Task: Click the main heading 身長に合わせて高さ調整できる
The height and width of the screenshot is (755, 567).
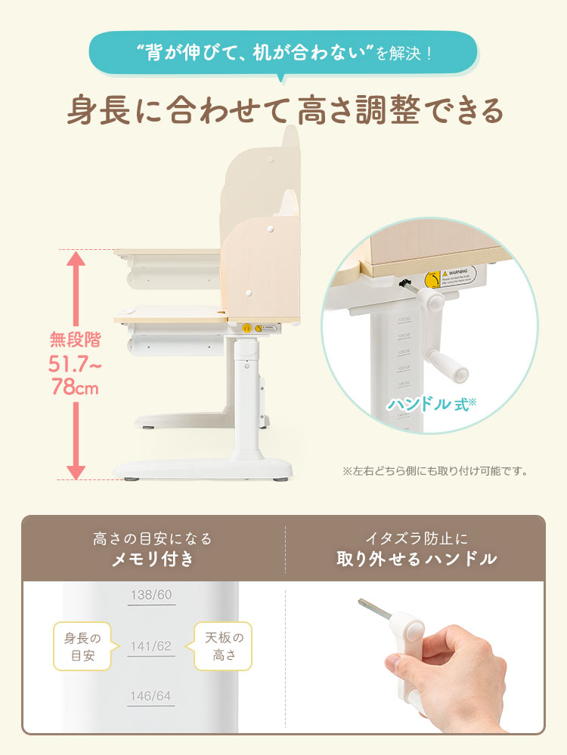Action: click(283, 110)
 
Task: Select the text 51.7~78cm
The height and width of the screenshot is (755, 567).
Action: click(76, 376)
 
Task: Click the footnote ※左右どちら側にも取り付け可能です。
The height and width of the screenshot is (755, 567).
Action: click(435, 471)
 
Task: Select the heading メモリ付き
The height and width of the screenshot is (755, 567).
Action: click(153, 559)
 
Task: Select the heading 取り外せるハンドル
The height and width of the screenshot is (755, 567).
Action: click(417, 559)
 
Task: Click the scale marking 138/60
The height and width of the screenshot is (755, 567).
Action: click(151, 595)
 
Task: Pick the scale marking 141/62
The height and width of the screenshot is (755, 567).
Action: click(151, 646)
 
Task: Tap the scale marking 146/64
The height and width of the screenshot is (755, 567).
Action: click(151, 696)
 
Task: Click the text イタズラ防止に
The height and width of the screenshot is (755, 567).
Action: click(417, 538)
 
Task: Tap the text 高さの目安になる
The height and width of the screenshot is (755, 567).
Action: click(153, 538)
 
